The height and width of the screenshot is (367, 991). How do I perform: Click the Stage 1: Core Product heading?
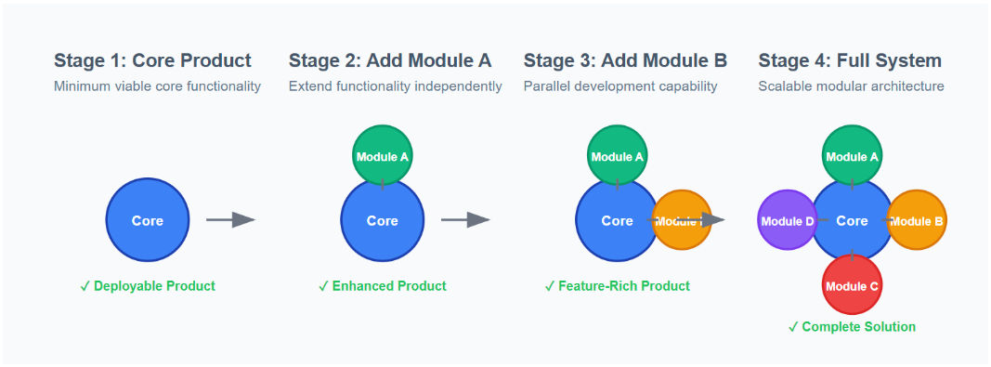click(152, 61)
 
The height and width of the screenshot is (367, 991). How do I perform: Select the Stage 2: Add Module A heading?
click(390, 61)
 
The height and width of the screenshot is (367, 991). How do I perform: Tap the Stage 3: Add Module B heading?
click(625, 61)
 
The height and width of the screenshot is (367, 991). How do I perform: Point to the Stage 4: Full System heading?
click(850, 61)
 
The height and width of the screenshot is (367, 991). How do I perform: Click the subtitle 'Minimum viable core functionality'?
click(157, 86)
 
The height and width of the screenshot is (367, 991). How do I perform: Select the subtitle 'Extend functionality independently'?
click(395, 86)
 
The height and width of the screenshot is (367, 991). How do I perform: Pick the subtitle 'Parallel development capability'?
click(620, 86)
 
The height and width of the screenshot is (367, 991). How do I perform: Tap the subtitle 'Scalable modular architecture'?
click(851, 86)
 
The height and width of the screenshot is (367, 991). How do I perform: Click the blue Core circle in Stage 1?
click(148, 220)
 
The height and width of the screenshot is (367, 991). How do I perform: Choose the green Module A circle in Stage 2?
click(382, 155)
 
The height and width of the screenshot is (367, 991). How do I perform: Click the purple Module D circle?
click(788, 220)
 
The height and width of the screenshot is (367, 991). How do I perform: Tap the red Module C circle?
click(852, 284)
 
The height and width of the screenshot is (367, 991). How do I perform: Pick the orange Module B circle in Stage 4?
click(917, 220)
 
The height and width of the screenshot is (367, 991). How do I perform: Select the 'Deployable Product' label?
click(149, 286)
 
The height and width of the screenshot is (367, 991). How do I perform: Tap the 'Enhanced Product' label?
click(383, 286)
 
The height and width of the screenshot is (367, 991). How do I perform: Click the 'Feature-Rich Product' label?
click(618, 286)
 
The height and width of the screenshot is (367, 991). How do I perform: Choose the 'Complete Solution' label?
click(852, 327)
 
